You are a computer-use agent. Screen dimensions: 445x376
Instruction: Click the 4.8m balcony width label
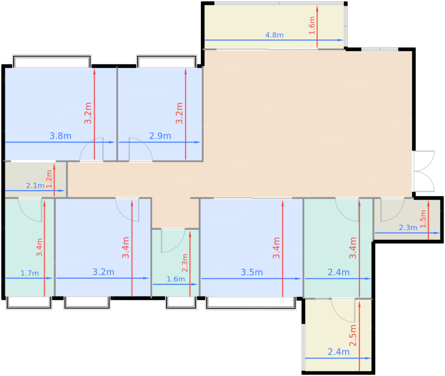[274, 35]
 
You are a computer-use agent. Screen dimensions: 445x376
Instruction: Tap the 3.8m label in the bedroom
[60, 136]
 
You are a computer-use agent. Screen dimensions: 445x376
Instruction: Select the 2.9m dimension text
[160, 136]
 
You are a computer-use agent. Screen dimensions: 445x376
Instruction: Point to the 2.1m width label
[35, 185]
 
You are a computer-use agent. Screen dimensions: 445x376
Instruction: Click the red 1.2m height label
[49, 179]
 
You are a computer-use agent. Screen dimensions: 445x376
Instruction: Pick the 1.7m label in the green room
[30, 273]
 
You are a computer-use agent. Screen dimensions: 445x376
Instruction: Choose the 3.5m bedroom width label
[252, 272]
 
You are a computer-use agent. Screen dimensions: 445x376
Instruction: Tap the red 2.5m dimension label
[353, 336]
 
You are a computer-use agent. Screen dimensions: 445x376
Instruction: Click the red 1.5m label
[423, 219]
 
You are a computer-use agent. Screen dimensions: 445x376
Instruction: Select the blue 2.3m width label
[408, 227]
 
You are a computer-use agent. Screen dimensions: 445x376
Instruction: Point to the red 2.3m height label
[185, 263]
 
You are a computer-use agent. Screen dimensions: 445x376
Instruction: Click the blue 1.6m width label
[175, 279]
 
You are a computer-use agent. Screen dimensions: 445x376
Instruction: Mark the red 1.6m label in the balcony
[312, 25]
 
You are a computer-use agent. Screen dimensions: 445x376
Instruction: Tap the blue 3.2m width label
[103, 272]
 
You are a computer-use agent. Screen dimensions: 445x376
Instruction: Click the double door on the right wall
[424, 171]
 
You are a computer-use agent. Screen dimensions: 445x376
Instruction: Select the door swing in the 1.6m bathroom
[173, 240]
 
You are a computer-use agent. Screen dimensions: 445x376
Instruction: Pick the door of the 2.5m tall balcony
[343, 310]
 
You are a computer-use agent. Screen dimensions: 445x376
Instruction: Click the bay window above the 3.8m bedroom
[52, 61]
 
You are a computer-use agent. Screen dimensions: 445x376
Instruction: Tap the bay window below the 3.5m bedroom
[251, 303]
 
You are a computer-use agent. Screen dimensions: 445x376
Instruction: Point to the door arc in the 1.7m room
[30, 210]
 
